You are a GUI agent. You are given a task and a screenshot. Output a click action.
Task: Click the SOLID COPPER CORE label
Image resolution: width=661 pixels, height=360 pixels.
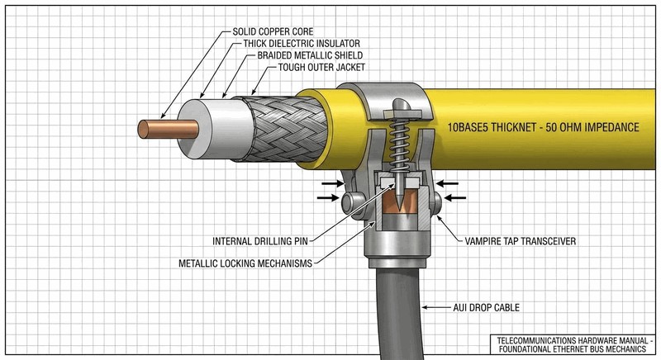point(273,31)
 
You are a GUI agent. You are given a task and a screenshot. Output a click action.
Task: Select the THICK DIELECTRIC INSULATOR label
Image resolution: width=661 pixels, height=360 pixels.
point(302,44)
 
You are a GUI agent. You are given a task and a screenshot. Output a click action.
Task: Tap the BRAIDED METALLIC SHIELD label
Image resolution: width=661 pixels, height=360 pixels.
point(310,55)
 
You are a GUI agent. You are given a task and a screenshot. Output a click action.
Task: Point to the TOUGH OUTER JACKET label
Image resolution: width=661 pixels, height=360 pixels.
point(321,67)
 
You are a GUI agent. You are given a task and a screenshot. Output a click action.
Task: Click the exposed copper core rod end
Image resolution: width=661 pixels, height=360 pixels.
point(168,129)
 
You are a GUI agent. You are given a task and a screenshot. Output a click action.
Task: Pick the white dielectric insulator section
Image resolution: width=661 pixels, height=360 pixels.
point(215,129)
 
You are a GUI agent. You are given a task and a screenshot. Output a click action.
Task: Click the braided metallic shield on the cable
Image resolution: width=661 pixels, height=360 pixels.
point(283,129)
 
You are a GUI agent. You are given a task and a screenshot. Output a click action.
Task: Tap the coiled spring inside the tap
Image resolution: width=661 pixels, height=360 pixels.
point(398,144)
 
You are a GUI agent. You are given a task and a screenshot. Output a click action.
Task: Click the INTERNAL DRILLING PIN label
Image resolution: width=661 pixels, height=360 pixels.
point(260,241)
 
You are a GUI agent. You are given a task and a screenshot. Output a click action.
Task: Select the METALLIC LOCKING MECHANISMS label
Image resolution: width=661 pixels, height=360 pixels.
point(245,263)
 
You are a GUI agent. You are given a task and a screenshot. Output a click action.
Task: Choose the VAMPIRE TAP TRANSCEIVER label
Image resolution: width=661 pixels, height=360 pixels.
point(521,241)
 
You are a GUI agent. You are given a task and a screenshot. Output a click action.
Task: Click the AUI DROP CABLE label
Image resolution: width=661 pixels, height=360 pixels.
point(486,308)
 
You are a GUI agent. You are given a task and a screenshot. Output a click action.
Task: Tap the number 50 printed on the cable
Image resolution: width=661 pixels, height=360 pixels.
point(551,127)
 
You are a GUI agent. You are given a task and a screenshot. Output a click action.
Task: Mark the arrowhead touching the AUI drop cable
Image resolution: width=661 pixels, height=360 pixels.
point(425,308)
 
